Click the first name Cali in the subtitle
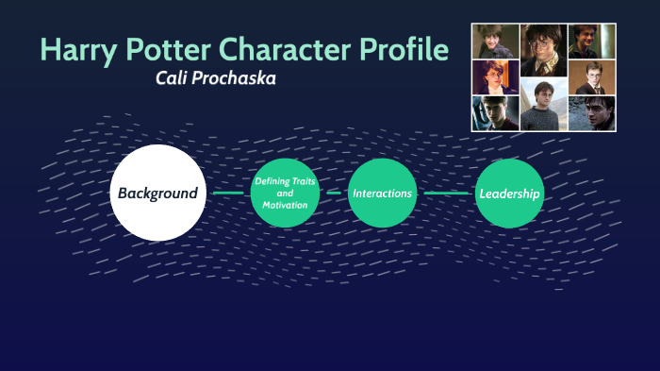tap(173, 78)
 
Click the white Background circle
tap(157, 193)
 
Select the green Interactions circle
tap(382, 193)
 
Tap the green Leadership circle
tap(509, 193)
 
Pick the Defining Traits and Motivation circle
tap(285, 193)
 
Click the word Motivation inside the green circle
tap(285, 205)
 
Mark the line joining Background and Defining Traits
tap(228, 193)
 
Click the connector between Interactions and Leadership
tap(445, 193)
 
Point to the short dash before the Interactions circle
tap(333, 193)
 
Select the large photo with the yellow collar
tap(544, 50)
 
